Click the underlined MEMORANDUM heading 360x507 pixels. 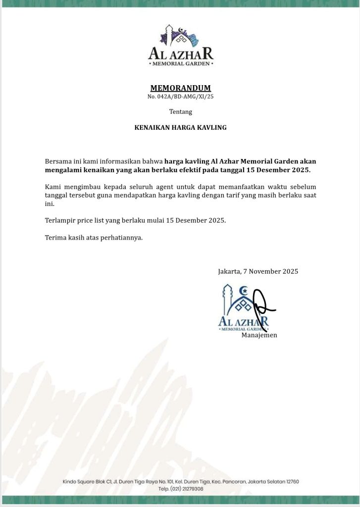point(180,88)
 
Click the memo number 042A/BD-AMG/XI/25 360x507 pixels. point(180,97)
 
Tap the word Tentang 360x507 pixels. point(180,112)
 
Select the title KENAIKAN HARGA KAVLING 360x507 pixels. point(180,127)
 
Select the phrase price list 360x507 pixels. point(95,220)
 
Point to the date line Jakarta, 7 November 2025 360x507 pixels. point(257,271)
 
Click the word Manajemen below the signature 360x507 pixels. point(259,335)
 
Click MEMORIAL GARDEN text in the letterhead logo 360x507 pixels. point(180,64)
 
